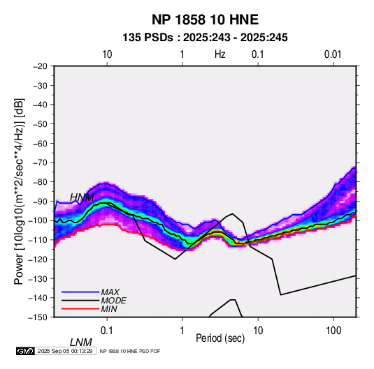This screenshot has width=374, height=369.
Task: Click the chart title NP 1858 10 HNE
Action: pos(205,20)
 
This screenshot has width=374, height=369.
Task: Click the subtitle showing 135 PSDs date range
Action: pos(205,38)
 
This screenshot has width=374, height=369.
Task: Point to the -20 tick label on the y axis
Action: pos(40,66)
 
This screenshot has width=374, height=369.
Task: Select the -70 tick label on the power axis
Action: pos(40,163)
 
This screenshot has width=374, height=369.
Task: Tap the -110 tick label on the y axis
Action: pos(38,240)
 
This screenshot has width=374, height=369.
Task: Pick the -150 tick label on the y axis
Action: pos(38,317)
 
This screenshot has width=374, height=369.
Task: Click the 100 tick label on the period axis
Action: pos(333,331)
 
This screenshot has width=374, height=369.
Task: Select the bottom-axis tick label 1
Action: pos(182,331)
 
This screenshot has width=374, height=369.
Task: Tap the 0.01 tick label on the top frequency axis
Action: pos(333,54)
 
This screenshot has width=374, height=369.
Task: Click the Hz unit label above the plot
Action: pos(220,54)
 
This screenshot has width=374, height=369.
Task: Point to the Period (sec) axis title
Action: pos(220,338)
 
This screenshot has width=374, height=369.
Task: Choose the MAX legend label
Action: pos(110,292)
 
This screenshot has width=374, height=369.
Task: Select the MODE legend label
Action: pos(113,301)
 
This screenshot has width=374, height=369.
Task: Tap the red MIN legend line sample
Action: pos(80,309)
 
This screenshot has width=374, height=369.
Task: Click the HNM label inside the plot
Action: pos(82,197)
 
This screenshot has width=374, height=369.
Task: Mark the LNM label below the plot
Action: pos(81,342)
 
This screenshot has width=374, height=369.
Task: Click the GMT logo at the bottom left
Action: pos(26,351)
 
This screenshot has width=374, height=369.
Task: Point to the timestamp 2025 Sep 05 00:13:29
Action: pos(65,351)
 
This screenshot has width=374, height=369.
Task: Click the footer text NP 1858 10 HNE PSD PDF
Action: pos(130,351)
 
